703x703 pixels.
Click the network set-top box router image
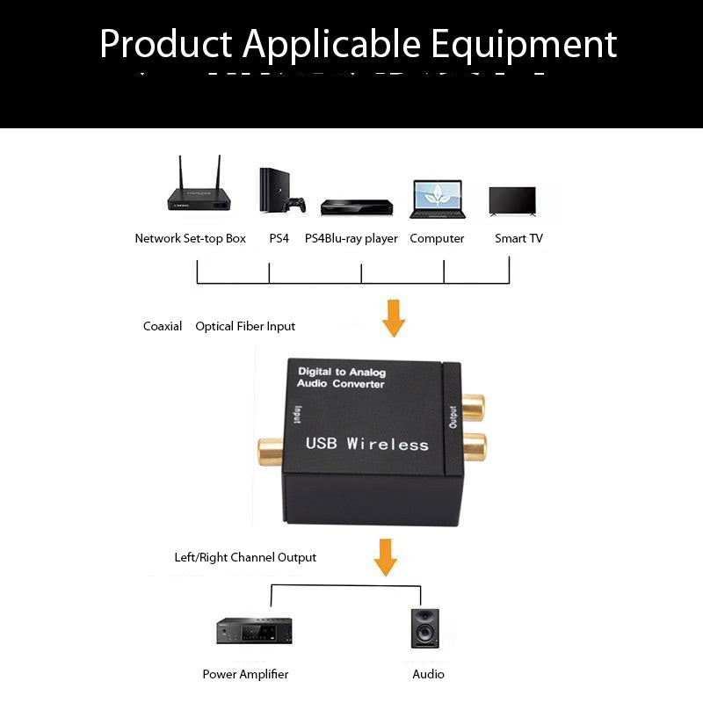(x=200, y=193)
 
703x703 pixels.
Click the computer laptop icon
(x=437, y=199)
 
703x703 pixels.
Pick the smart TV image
(x=512, y=200)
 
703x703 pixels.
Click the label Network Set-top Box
(x=190, y=238)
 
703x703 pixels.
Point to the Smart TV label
(x=518, y=238)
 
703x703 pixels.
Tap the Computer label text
(x=437, y=238)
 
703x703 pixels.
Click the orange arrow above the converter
(x=394, y=318)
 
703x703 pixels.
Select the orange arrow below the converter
(x=385, y=557)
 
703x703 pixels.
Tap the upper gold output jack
(x=472, y=406)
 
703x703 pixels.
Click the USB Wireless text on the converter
(x=366, y=444)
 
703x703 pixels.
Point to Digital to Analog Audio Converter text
(x=342, y=378)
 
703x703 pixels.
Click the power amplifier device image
(x=254, y=631)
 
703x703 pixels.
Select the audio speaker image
(x=427, y=628)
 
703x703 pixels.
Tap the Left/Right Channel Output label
(x=245, y=557)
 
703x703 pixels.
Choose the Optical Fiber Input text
(x=245, y=326)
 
